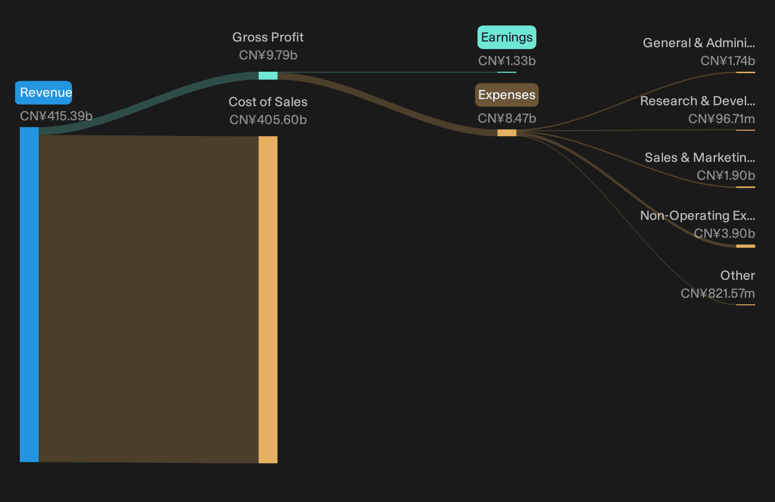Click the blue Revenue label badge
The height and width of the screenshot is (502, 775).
pos(43,93)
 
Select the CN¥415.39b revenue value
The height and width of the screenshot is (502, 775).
pos(56,116)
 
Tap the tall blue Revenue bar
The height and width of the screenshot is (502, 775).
pos(29,294)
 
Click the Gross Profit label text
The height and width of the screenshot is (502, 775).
pos(268,37)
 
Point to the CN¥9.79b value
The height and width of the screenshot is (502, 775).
pos(268,55)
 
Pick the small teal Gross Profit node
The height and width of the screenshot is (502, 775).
pos(268,75)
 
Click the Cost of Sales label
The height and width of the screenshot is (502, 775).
pos(268,102)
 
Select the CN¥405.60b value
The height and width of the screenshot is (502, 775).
pos(268,120)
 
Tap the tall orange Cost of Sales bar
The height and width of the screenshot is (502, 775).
pos(268,300)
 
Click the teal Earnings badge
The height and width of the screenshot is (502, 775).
pos(507,37)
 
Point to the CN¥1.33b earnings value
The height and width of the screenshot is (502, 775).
pos(507,61)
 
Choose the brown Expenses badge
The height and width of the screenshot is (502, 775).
pos(507,95)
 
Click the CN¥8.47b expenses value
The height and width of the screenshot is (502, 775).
pos(507,119)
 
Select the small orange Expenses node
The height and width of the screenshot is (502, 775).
pos(507,133)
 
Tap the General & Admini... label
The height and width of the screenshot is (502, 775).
pos(699,43)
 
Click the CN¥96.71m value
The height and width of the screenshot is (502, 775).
pos(721,119)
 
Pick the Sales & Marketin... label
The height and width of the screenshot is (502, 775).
pos(700,158)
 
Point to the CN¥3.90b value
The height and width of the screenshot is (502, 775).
pos(724,234)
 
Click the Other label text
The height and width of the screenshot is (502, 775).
pos(738,276)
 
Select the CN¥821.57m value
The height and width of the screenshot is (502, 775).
pos(717,294)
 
